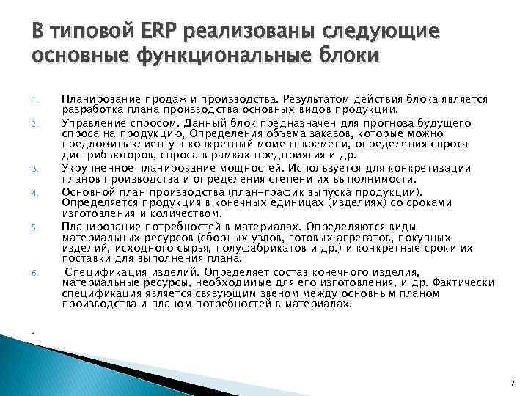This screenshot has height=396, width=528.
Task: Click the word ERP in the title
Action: tap(159, 32)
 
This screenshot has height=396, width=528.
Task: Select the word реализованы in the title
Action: tap(252, 32)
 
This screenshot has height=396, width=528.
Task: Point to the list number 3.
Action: tap(34, 168)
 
